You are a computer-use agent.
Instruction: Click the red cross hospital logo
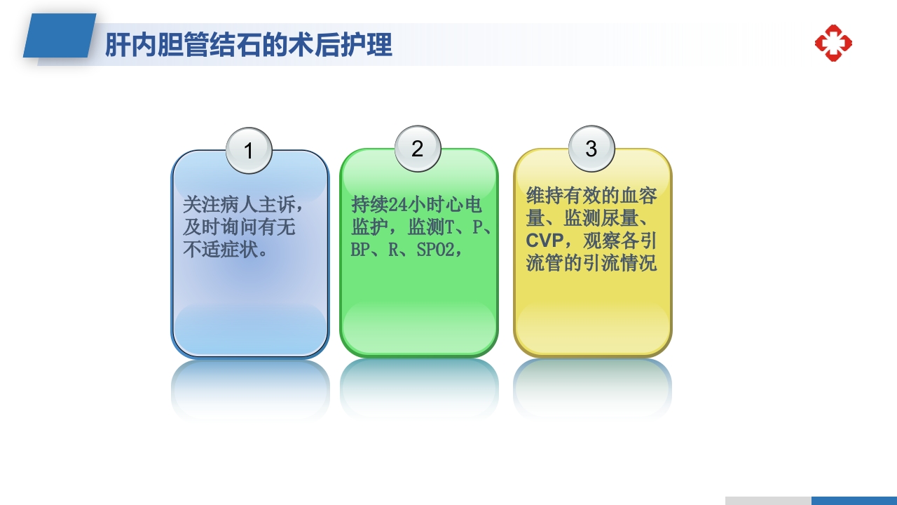pyautogui.click(x=833, y=43)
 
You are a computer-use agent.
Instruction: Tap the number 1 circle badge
pyautogui.click(x=249, y=150)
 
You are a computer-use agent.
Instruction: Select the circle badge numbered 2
pyautogui.click(x=418, y=148)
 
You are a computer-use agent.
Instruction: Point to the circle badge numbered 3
pyautogui.click(x=591, y=148)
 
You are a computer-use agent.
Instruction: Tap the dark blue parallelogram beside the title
pyautogui.click(x=60, y=36)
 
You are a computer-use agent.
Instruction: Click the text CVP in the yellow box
pyautogui.click(x=545, y=241)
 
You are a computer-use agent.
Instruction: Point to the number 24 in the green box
pyautogui.click(x=397, y=205)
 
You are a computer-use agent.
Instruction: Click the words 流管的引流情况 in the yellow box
pyautogui.click(x=591, y=264)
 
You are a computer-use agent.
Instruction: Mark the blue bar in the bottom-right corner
pyautogui.click(x=854, y=501)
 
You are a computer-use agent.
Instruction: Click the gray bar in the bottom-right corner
pyautogui.click(x=768, y=501)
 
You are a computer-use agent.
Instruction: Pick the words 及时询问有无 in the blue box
pyautogui.click(x=238, y=227)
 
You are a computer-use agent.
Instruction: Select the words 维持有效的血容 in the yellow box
pyautogui.click(x=591, y=195)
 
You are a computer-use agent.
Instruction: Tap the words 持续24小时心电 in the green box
pyautogui.click(x=417, y=205)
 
